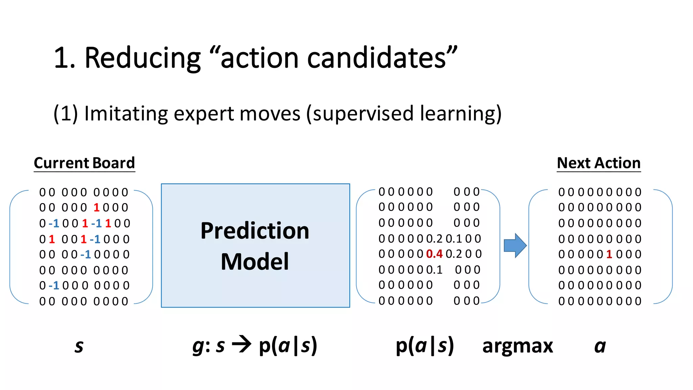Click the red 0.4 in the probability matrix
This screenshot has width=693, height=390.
click(x=434, y=254)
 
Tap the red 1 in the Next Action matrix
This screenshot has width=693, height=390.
click(x=609, y=254)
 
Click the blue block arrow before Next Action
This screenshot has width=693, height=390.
click(x=515, y=245)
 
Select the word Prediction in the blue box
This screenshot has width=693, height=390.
click(x=255, y=231)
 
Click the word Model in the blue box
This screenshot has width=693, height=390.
click(x=255, y=262)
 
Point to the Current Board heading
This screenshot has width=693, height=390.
click(x=84, y=163)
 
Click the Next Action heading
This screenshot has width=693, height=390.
click(x=599, y=163)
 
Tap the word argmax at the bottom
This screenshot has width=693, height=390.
click(x=517, y=346)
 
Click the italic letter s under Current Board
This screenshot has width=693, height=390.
click(x=79, y=346)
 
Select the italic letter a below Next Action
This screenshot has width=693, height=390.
click(x=600, y=346)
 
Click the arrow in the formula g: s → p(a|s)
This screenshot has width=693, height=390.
click(x=242, y=345)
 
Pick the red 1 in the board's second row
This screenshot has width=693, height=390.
click(x=96, y=208)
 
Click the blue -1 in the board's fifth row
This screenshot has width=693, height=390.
click(x=86, y=255)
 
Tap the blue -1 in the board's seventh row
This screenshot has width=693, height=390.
click(x=54, y=286)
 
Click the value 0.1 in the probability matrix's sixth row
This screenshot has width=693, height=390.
click(x=435, y=270)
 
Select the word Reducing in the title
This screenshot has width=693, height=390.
click(x=142, y=58)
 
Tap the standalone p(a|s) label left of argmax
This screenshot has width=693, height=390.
click(x=425, y=346)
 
